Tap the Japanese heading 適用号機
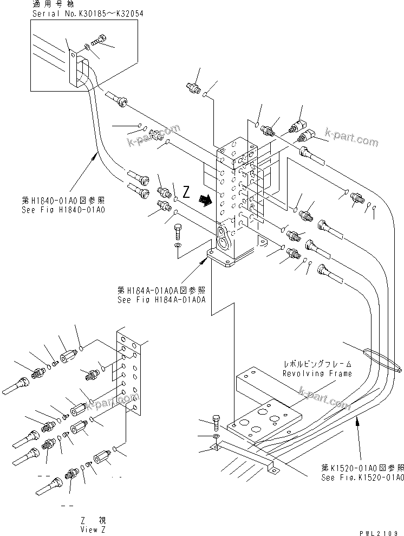click(48, 4)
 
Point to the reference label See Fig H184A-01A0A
click(161, 299)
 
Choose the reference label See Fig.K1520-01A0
click(362, 477)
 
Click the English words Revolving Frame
click(317, 373)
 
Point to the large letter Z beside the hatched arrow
click(186, 192)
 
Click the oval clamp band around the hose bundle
click(374, 358)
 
